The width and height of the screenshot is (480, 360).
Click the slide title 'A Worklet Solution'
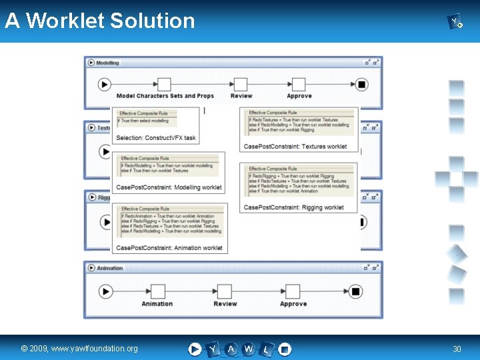100,21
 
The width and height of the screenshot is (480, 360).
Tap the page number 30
457,349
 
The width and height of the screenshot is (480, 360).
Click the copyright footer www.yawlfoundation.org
79,349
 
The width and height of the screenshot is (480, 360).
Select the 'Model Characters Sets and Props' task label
165,96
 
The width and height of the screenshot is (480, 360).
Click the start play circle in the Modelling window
104,84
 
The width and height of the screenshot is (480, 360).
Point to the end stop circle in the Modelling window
361,84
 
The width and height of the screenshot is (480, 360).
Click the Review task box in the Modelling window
239,84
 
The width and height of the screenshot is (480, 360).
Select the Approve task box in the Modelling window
298,84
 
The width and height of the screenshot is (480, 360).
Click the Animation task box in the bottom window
157,291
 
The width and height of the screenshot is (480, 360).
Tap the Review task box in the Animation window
225,291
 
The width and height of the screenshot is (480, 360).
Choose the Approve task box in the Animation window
293,291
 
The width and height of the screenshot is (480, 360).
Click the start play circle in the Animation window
105,291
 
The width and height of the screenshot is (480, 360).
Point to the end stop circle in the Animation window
355,291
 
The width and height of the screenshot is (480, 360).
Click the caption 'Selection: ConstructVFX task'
156,138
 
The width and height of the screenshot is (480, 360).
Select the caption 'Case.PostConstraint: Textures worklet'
295,147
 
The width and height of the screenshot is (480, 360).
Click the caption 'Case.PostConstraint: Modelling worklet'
169,187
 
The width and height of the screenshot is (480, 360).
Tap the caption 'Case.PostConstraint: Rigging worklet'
293,207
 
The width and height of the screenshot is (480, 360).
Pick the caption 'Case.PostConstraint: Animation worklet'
169,248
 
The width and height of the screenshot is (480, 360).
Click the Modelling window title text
107,63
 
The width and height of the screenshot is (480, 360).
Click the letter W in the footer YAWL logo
248,349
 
